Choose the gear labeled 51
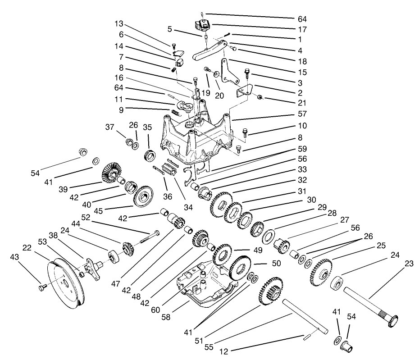[x=270, y=293]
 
